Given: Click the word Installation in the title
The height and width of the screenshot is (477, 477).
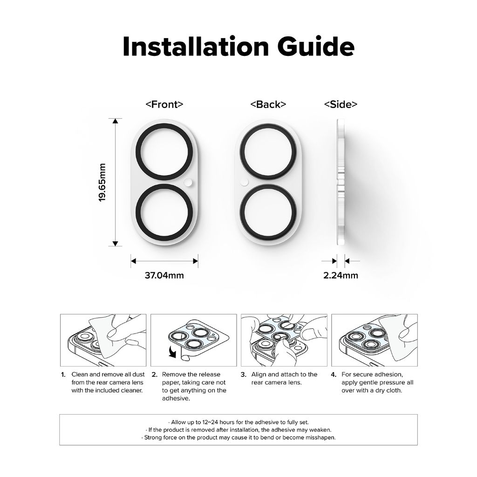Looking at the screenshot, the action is click(x=196, y=47).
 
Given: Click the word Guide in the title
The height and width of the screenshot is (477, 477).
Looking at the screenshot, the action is click(x=316, y=47).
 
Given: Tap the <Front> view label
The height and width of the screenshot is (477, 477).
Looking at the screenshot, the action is click(x=164, y=104).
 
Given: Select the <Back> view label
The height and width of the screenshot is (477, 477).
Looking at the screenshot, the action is click(x=268, y=104).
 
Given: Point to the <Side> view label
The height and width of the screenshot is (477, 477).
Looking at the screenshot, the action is click(x=341, y=104).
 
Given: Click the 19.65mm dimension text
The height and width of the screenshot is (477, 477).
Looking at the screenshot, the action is click(x=102, y=182).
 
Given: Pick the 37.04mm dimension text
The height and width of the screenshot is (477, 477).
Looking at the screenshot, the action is click(x=164, y=275).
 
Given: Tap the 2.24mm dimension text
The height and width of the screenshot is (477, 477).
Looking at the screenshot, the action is click(x=341, y=275).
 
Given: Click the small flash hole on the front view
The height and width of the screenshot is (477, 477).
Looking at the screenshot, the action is click(x=188, y=182).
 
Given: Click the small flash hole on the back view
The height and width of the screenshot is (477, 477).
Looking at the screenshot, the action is click(x=244, y=182).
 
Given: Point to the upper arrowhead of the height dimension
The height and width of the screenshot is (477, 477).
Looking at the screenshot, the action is click(x=116, y=121).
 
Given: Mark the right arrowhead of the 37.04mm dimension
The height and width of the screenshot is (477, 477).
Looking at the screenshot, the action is click(x=196, y=261).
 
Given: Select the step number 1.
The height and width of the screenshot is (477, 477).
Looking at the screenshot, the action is click(x=63, y=375).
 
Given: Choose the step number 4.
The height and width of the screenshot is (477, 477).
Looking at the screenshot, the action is click(x=334, y=375).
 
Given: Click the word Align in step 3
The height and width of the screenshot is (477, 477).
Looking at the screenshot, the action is click(x=259, y=375).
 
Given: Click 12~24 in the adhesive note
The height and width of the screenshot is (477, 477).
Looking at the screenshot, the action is click(x=210, y=422).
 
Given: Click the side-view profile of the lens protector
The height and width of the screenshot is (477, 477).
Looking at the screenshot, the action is click(x=341, y=182).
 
